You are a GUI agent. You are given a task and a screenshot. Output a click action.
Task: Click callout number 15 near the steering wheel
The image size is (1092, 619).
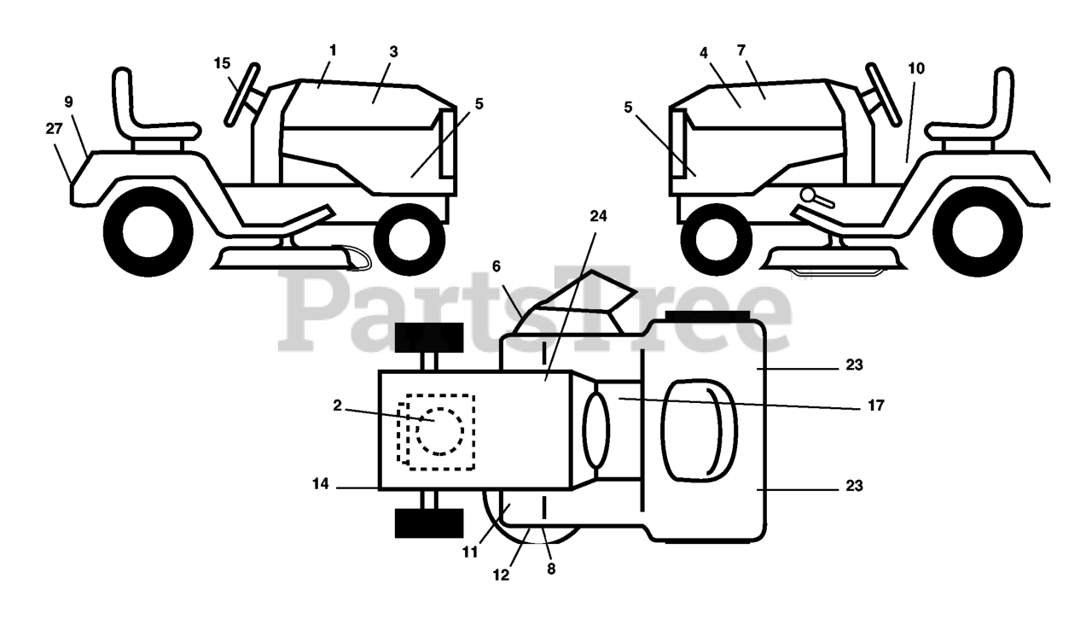click(222, 63)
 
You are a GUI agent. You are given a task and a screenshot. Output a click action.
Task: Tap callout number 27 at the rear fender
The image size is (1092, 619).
click(55, 128)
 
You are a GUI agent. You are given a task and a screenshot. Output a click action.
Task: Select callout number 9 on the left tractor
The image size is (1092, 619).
click(69, 102)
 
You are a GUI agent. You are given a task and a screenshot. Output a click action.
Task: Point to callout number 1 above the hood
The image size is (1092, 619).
click(332, 50)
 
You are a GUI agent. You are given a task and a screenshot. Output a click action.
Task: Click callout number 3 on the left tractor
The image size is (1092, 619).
click(393, 51)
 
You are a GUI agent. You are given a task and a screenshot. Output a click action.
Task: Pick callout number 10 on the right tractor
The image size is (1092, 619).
click(915, 68)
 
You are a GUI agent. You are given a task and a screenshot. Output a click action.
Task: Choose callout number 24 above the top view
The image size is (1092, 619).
click(598, 216)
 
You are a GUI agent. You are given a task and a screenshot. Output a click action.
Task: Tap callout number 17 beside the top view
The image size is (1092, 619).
click(874, 406)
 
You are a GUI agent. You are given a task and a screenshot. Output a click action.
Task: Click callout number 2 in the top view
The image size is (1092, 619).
click(338, 406)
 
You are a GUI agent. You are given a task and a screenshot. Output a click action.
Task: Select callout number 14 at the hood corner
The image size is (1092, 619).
click(320, 484)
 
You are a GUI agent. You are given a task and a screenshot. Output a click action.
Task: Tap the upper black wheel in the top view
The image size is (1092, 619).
click(428, 337)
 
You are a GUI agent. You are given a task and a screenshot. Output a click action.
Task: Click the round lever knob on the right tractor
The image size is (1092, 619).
click(807, 196)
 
